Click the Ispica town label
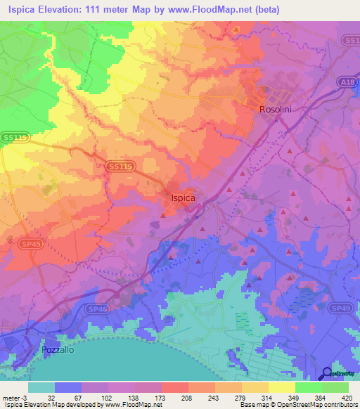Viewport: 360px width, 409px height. pyautogui.click(x=183, y=198)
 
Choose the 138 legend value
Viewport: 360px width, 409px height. pyautogui.click(x=135, y=397)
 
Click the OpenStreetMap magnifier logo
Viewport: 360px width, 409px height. pyautogui.click(x=326, y=373)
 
